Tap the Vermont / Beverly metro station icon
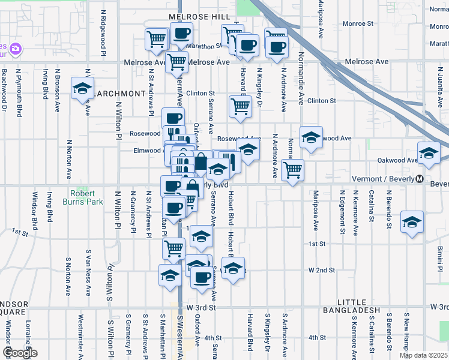pyautogui.click(x=420, y=179)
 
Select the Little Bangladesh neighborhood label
pyautogui.click(x=351, y=306)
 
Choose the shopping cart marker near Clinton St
pyautogui.click(x=240, y=106)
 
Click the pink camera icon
pyautogui.click(x=16, y=48)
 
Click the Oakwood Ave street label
pyautogui.click(x=397, y=160)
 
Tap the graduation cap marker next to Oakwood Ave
pyautogui.click(x=429, y=154)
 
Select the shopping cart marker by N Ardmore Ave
pyautogui.click(x=292, y=170)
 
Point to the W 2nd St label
pyautogui.click(x=322, y=271)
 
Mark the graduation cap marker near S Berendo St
pyautogui.click(x=412, y=223)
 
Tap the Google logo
pyautogui.click(x=20, y=353)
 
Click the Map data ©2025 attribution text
pyautogui.click(x=423, y=355)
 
